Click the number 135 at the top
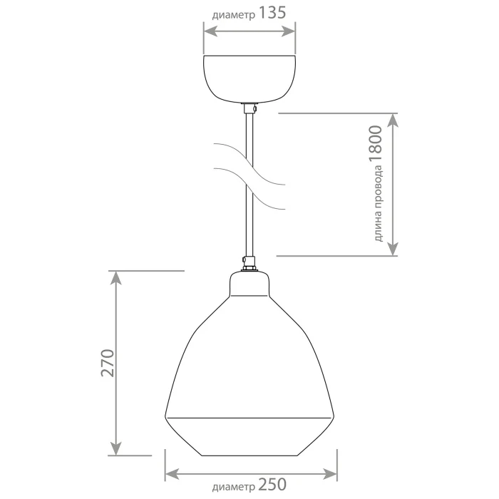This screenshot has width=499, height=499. coord(272,13)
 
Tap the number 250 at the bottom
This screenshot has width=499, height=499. coord(272,485)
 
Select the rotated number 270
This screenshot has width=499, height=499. coord(107,363)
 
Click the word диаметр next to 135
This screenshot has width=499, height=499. coord(234,15)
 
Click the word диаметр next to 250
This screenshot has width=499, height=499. coord(234,487)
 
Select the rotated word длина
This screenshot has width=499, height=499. coord(378,227)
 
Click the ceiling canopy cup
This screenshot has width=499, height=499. coord(249,79)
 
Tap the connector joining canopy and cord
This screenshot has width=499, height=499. coord(249,108)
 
